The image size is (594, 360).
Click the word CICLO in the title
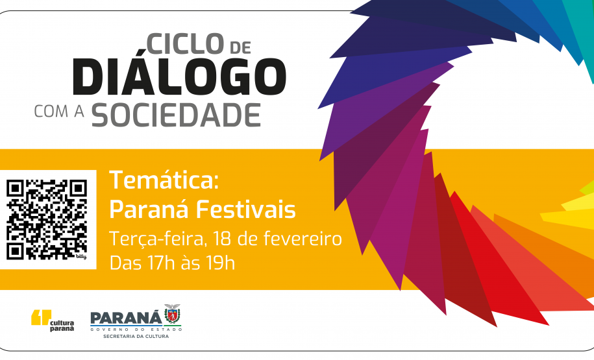pos(185,43)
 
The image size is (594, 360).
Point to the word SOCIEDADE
pos(176,114)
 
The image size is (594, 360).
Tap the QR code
pos(47,219)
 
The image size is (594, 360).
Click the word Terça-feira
pos(157,239)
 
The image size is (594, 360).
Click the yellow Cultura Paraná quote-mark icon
pos(40,318)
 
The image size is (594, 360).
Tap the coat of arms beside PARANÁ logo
pos(172,314)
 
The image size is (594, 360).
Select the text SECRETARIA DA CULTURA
pos(136,337)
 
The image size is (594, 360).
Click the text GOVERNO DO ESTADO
pos(136,329)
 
